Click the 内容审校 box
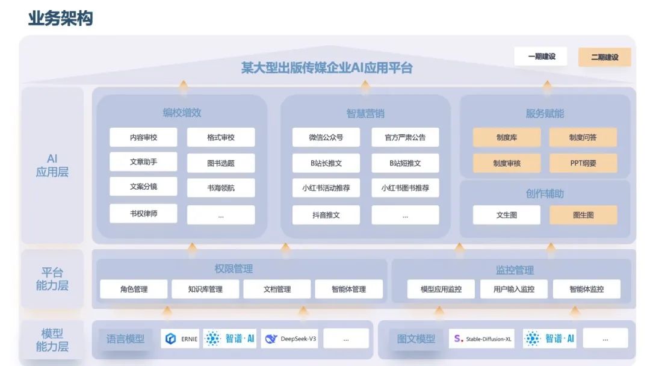tap(143, 137)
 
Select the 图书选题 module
tap(221, 163)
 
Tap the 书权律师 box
tap(143, 214)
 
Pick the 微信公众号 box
tap(326, 137)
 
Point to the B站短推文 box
tap(405, 163)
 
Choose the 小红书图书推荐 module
tap(405, 188)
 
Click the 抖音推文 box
tap(326, 214)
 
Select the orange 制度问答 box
tap(583, 137)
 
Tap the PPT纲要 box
tap(583, 163)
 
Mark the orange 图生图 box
tap(583, 215)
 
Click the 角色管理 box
tap(134, 289)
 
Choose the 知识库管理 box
tap(205, 289)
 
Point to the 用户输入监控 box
tap(513, 289)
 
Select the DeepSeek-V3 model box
tap(289, 338)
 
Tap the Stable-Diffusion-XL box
tap(481, 338)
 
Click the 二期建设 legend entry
tap(604, 57)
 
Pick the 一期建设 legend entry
tap(541, 57)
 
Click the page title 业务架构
tap(60, 18)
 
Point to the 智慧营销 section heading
tap(365, 113)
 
